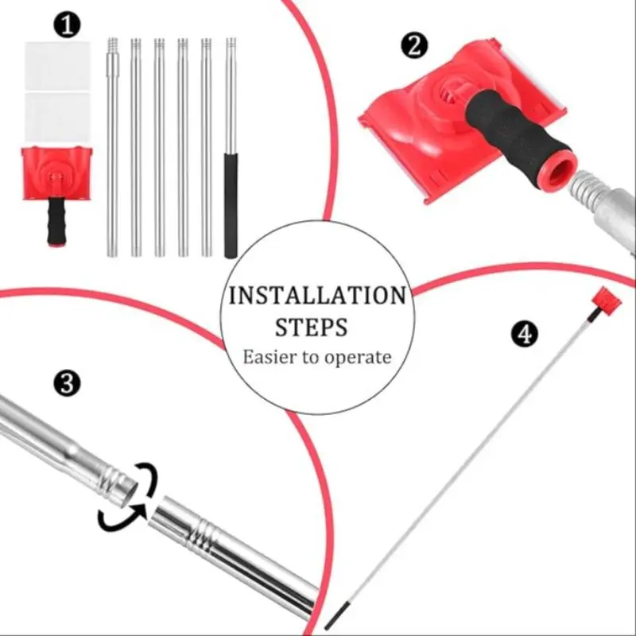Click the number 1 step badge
(x=67, y=25)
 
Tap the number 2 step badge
(x=414, y=45)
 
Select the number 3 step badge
(x=67, y=382)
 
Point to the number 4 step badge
(x=525, y=334)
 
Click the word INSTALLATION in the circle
(x=317, y=295)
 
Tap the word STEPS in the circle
(x=311, y=328)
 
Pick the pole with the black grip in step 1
(x=231, y=148)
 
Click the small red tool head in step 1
(x=57, y=173)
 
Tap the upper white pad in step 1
(x=57, y=66)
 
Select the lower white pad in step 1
(x=57, y=118)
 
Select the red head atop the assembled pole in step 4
(x=607, y=300)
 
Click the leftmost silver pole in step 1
(x=113, y=148)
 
